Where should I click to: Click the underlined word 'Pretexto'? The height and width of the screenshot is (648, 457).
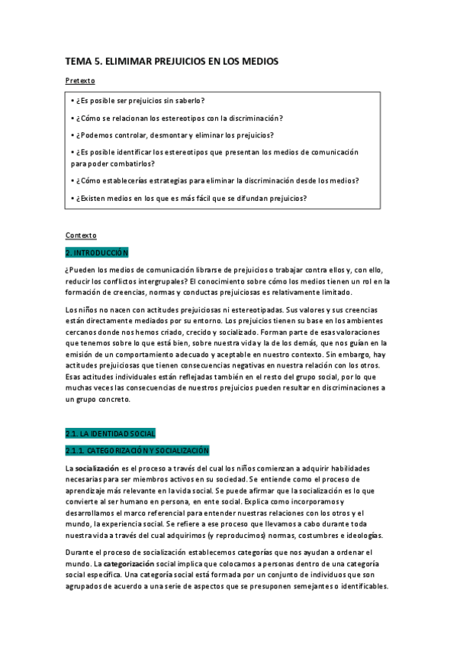pos(80,80)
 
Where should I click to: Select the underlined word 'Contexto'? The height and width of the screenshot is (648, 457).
pos(81,235)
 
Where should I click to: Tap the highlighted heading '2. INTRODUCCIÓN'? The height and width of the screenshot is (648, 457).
pos(97,252)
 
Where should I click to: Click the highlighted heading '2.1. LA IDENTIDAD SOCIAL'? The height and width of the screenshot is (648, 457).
pos(111,433)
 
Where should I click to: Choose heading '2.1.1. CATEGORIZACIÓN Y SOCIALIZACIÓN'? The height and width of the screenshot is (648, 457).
pos(137,450)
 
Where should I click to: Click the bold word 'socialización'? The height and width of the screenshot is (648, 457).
pos(97,468)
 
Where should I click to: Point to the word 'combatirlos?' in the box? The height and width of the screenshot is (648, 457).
pos(134,163)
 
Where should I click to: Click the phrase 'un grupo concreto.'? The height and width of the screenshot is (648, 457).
pos(98,400)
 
